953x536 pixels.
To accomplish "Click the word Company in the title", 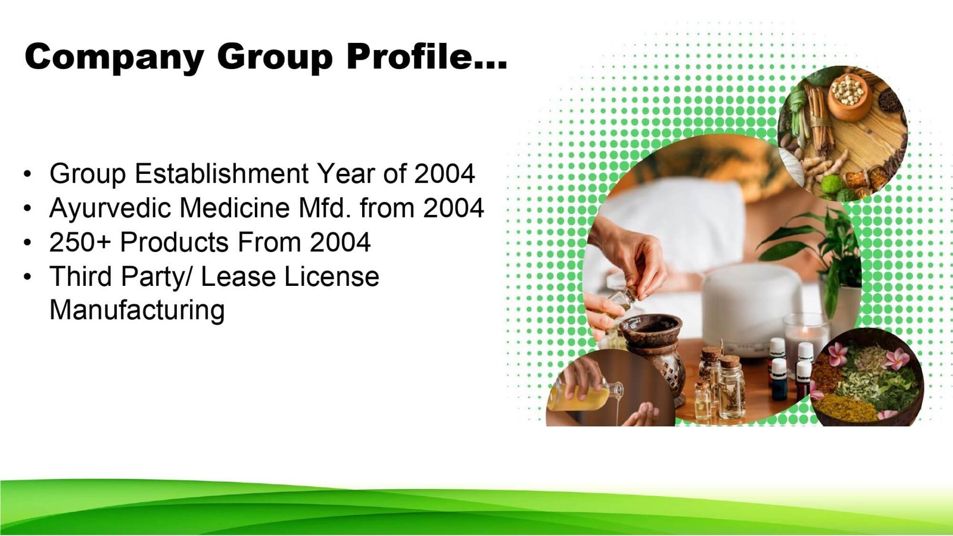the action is [x=114, y=57].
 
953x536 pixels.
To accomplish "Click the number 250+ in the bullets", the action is [x=80, y=242].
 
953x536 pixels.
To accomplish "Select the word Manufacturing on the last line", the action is [x=137, y=310].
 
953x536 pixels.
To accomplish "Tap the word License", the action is [x=331, y=276].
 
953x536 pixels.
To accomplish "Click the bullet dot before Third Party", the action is [x=27, y=277].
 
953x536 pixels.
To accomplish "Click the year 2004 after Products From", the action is [x=340, y=242].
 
